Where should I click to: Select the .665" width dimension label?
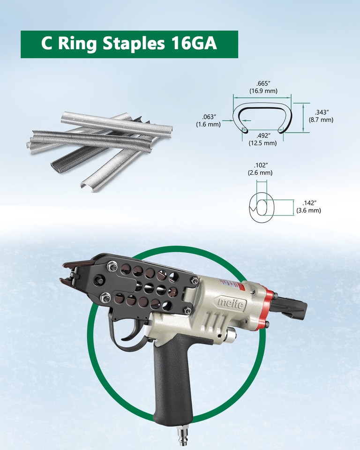[262, 83]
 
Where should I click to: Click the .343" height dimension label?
[321, 112]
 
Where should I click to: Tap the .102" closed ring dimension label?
[260, 165]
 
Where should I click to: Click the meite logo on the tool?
[231, 304]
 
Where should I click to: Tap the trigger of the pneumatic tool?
[128, 334]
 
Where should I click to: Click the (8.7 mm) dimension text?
[321, 120]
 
